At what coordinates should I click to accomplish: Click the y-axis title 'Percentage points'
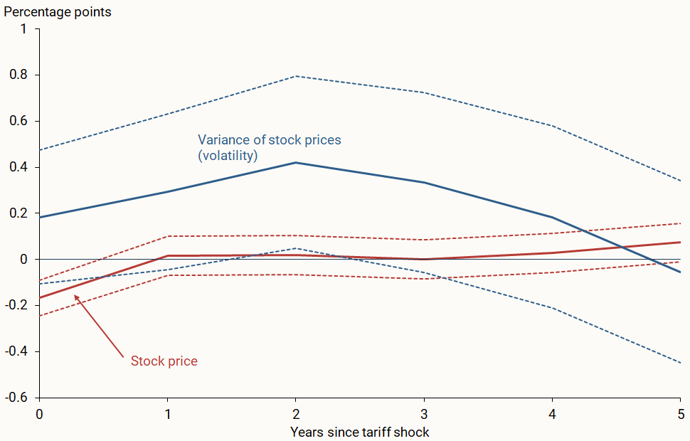click(x=58, y=12)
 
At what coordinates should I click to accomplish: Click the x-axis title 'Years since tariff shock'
click(x=360, y=432)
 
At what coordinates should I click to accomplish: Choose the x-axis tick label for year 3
click(x=424, y=413)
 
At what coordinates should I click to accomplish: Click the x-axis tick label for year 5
click(x=681, y=413)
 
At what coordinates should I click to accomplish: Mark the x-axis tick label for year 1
click(x=167, y=413)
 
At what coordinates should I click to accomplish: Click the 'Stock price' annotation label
click(x=164, y=361)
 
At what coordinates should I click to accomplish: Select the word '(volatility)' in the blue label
click(x=227, y=155)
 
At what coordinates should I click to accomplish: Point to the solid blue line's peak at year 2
click(x=296, y=163)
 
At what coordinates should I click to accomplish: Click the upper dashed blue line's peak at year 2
click(x=296, y=76)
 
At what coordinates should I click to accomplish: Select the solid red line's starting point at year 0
click(x=40, y=297)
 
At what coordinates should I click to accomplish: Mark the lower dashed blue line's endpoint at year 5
click(x=680, y=363)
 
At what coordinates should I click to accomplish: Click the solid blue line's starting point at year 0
click(x=40, y=218)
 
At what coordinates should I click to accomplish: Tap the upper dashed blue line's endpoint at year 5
click(x=680, y=181)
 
